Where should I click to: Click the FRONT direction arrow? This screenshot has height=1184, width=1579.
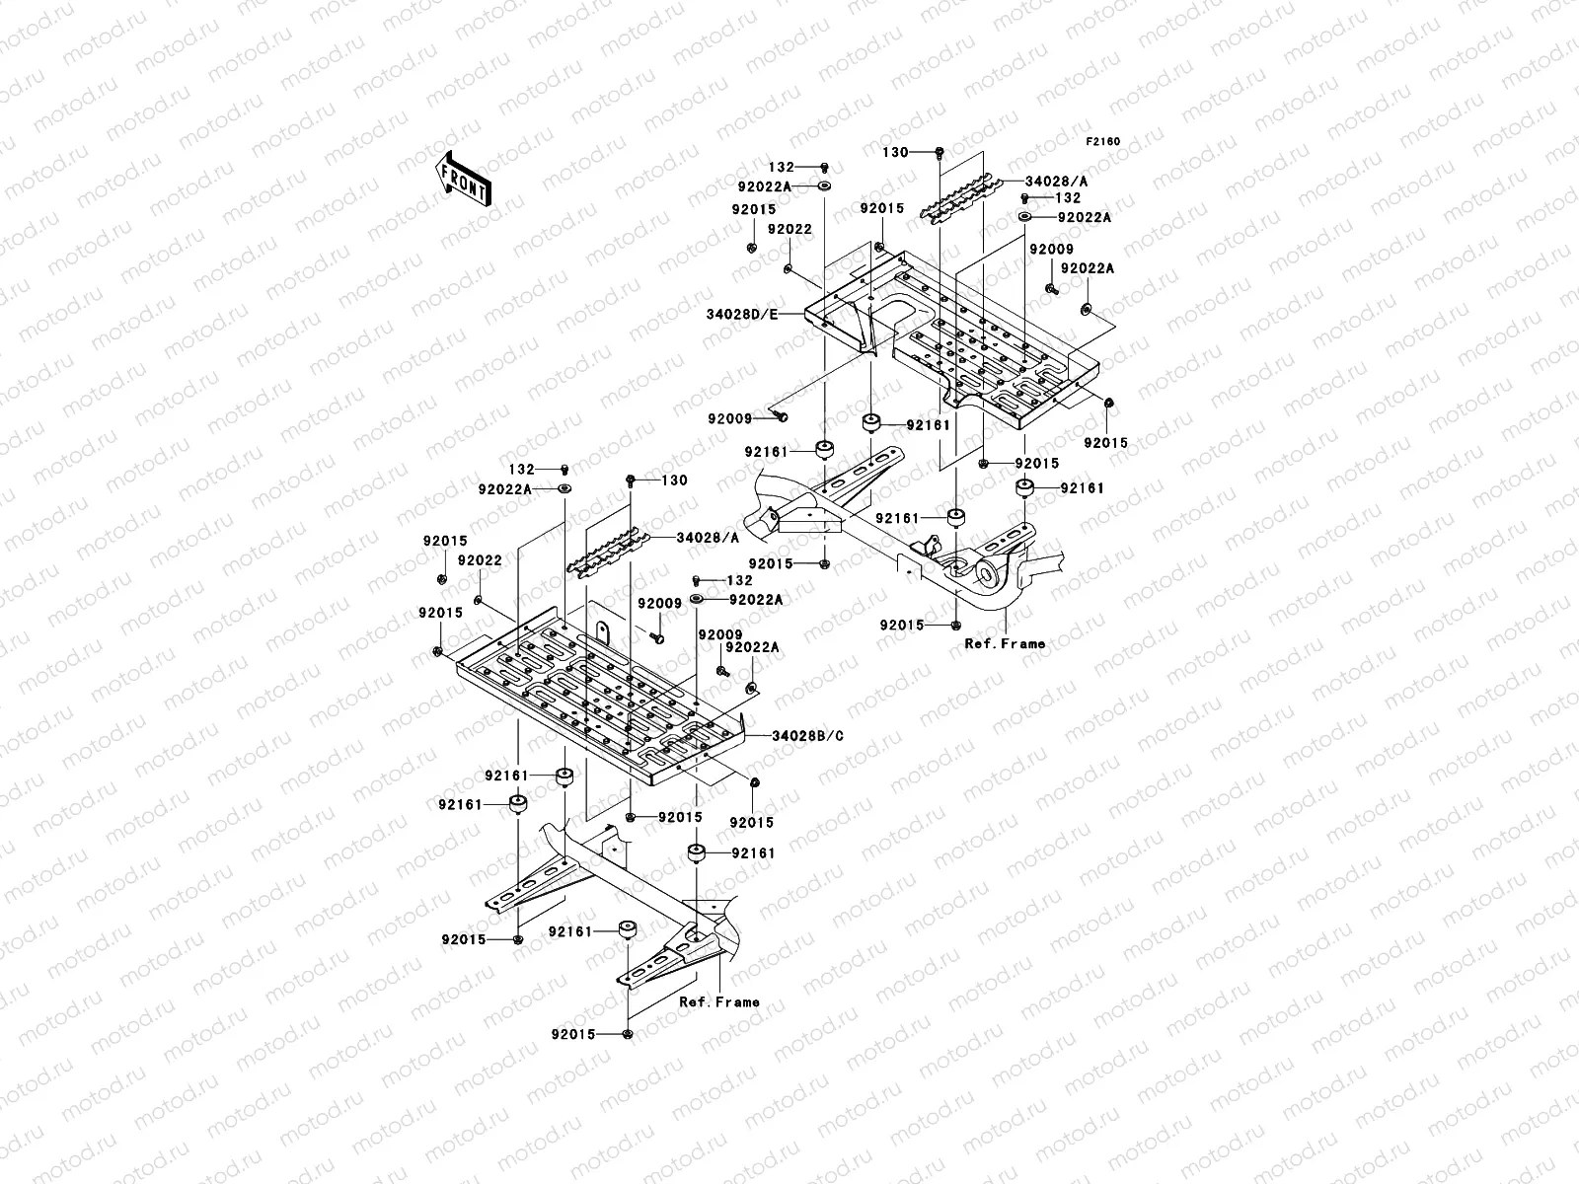click(x=464, y=179)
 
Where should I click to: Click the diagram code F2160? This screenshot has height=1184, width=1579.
click(x=1102, y=142)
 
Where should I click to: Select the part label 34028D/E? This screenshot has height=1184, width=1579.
click(x=742, y=314)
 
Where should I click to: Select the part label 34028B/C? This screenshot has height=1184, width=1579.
click(x=807, y=736)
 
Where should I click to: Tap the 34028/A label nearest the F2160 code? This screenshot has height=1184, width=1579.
click(x=1056, y=182)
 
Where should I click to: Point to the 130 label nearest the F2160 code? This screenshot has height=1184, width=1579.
click(x=895, y=152)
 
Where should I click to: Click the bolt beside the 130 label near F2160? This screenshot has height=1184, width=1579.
click(x=939, y=152)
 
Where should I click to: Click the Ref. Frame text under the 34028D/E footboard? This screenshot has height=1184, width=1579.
click(x=1005, y=644)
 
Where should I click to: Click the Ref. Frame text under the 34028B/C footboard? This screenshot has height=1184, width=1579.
click(x=718, y=1002)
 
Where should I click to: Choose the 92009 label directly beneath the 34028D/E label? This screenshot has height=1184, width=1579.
click(x=729, y=419)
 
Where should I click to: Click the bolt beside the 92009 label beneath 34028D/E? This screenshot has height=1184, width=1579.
click(x=780, y=416)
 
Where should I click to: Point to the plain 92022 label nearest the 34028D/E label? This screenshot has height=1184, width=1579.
click(x=789, y=229)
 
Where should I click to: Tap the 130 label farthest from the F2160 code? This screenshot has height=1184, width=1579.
click(x=674, y=481)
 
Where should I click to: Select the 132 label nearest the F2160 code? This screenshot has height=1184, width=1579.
click(x=1068, y=197)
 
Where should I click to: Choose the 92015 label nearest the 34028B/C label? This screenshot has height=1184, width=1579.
click(x=751, y=823)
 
